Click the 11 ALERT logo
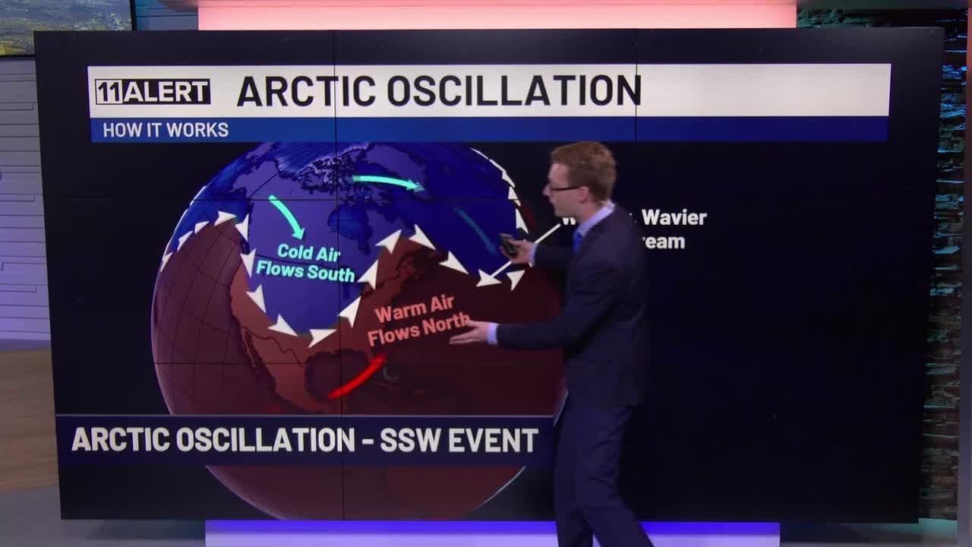coord(152,91)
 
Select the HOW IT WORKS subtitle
coord(166,130)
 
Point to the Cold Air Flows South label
coord(306,262)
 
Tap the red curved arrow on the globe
coord(357,378)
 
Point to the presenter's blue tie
coord(578,241)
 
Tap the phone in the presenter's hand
coord(508,245)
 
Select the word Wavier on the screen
coord(674,218)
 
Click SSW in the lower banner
coord(408,440)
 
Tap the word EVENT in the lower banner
coord(493,440)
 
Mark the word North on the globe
coord(444,326)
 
